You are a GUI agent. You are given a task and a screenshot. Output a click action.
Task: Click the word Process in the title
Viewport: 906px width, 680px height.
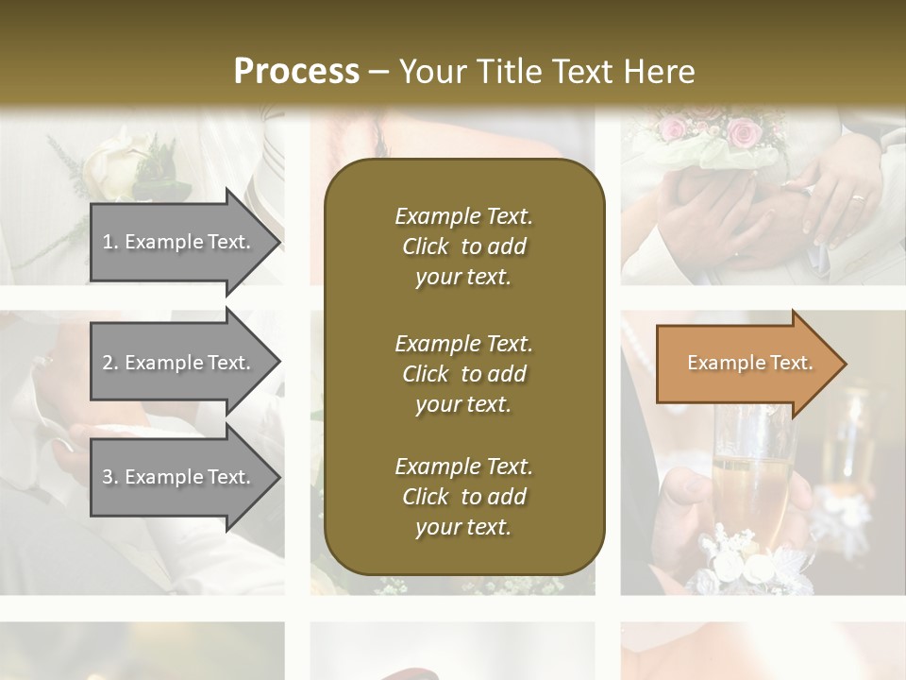(296, 72)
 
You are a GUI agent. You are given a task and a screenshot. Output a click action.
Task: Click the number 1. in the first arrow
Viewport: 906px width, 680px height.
(110, 242)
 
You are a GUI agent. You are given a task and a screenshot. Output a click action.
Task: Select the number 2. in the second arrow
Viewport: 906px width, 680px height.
(110, 363)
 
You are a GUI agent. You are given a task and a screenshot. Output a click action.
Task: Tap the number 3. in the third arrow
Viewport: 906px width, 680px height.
(110, 477)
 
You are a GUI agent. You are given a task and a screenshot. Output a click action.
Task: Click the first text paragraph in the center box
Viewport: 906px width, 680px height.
(463, 246)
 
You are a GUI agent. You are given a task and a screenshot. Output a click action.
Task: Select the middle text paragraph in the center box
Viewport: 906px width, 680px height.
(463, 374)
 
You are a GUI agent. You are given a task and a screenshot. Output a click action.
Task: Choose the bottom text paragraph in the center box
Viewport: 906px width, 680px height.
(463, 497)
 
